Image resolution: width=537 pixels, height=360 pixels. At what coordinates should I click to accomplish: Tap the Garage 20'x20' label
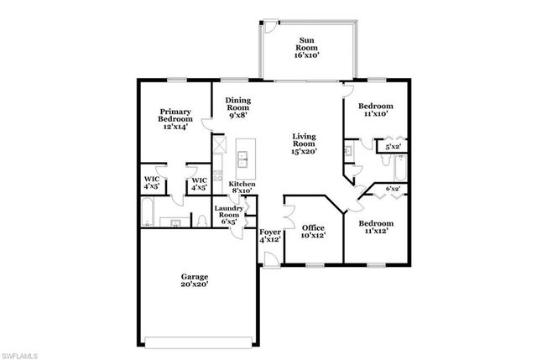[x=194, y=280]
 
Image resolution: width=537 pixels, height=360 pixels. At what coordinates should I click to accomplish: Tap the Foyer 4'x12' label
[x=269, y=235]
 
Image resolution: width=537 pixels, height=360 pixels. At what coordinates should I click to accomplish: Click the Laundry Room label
[x=229, y=215]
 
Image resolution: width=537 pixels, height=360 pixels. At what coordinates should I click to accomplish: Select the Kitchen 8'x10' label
[x=242, y=187]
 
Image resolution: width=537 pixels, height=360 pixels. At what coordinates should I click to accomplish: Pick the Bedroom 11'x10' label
[x=375, y=111]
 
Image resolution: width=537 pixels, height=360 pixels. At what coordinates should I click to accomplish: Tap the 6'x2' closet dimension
[x=393, y=189]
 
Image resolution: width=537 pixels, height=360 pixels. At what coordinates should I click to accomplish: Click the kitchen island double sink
[x=246, y=156]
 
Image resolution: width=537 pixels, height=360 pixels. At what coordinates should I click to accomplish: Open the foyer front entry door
[x=270, y=263]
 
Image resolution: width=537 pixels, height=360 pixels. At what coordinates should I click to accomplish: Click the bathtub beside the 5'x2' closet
[x=400, y=170]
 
